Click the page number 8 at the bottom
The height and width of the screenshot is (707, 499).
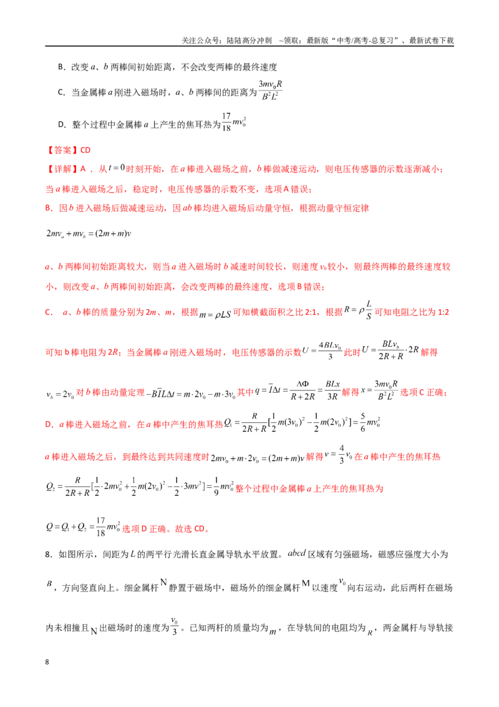(47, 662)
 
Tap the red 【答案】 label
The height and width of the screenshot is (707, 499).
(62, 150)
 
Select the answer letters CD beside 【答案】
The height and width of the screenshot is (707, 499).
(85, 150)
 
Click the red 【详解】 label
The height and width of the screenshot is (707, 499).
(62, 169)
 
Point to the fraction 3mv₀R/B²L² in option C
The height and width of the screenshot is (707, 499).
(270, 90)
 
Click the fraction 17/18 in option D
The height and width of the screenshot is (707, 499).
(226, 122)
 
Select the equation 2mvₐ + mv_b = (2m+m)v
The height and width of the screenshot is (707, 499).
(89, 234)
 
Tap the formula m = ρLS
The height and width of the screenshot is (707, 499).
(215, 314)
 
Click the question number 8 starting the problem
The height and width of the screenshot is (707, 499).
(49, 554)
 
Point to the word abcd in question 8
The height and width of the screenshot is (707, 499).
(297, 553)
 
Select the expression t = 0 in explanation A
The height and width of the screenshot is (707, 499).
(116, 168)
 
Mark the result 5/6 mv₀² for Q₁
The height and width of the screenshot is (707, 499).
(371, 422)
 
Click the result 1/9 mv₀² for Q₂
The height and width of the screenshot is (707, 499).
(224, 487)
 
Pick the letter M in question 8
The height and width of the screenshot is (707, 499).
(306, 583)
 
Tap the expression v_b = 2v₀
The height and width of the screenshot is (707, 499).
(60, 394)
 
